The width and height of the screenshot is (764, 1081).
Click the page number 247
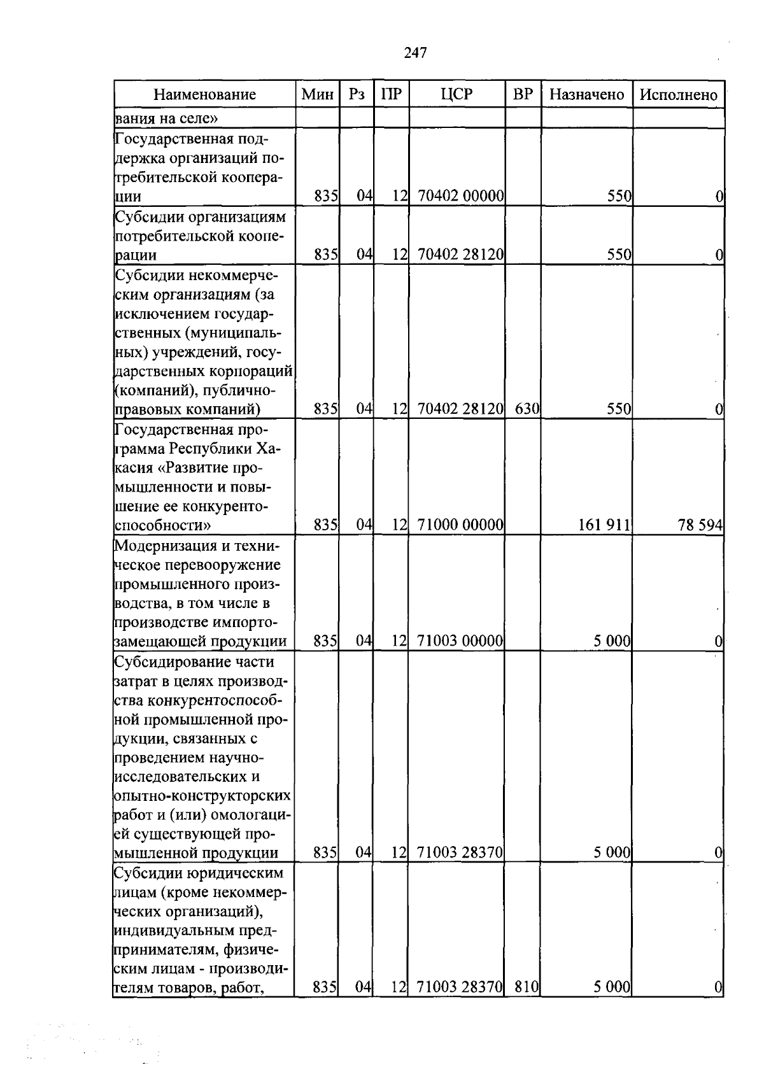pos(415,53)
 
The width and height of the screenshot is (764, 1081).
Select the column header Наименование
pos(204,95)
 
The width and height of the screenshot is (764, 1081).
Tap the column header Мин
pos(317,95)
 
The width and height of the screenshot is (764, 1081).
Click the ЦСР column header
pos(456,95)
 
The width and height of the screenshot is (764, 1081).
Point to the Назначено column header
pos(586,95)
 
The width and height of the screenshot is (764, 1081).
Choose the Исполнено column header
pos(678,95)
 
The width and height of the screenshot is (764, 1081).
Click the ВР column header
pos(523,95)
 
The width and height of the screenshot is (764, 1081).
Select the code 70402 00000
pos(461,196)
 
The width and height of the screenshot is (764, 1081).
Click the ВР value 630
pos(527,409)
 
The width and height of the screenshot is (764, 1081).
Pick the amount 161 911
pos(604,525)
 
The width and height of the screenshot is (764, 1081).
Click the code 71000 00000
pos(461,525)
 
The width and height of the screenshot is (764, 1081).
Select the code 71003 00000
pos(461,641)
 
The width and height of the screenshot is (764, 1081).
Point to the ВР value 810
pos(527,987)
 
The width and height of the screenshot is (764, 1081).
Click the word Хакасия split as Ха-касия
pos(267,449)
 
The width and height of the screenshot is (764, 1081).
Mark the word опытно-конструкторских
pos(202,796)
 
